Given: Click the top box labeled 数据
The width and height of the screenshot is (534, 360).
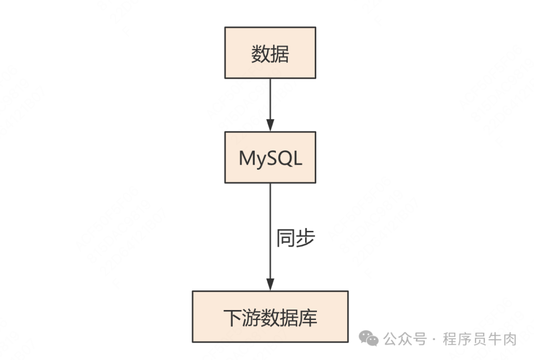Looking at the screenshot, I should coord(270,52).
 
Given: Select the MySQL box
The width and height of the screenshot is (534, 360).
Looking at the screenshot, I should coord(270,157).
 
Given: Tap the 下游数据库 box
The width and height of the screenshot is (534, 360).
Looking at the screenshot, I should coord(270,316).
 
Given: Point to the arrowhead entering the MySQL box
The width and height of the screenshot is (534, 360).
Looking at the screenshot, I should coord(270,126).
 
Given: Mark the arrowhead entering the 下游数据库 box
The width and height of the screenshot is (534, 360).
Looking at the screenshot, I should coord(270,285).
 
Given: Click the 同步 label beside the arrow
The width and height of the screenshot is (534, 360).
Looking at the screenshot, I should coord(295,239).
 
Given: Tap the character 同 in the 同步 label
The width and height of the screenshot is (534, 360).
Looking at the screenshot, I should coord(286,239).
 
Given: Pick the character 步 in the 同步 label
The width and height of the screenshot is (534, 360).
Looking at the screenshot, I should coord(305,239).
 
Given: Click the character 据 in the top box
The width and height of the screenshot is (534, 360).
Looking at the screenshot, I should coord(280,54).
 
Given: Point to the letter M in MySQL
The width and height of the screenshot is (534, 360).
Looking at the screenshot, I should coord(247,158).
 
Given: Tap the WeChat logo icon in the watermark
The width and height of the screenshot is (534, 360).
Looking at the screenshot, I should coord(368,339).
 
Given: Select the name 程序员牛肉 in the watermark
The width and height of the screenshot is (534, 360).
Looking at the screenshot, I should coord(480,339).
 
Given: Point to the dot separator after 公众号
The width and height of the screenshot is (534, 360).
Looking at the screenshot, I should coord(434,340).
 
